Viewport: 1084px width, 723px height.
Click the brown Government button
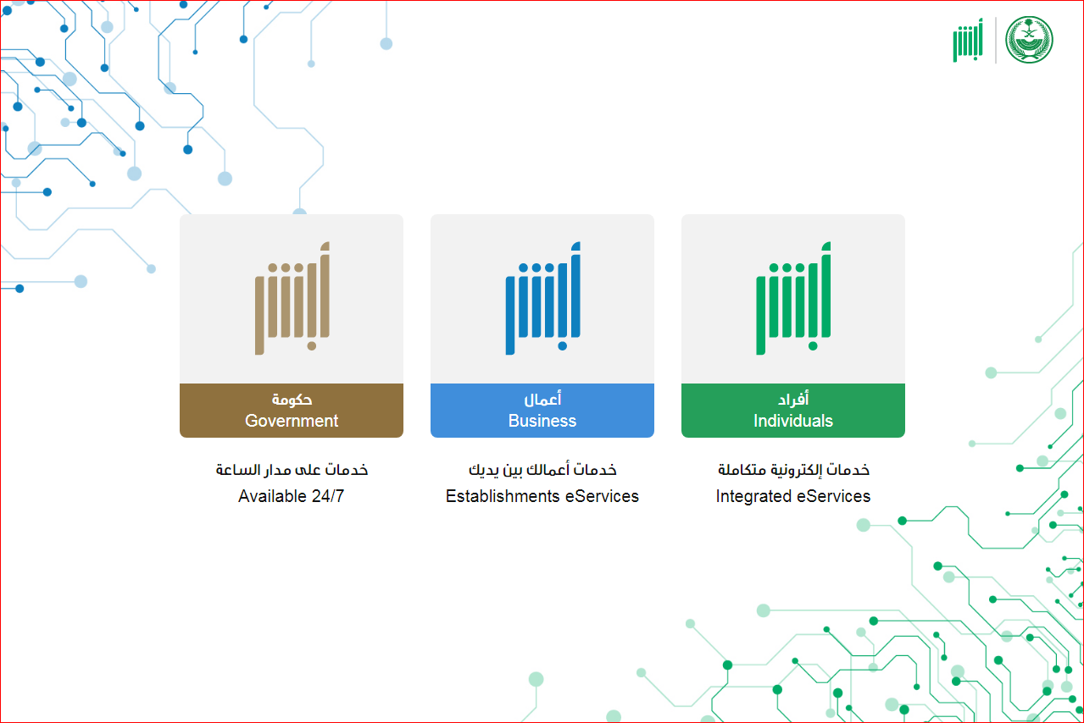tap(292, 411)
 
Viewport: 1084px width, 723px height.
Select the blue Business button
tap(542, 411)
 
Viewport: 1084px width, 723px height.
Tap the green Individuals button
tap(793, 411)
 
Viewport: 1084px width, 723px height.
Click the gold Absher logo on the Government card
tap(292, 298)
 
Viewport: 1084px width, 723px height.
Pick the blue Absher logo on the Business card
tap(543, 298)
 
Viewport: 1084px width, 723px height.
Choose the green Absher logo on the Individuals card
tap(793, 298)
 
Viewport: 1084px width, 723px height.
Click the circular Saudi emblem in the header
tap(1029, 40)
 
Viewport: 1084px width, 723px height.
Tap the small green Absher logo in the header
tap(968, 40)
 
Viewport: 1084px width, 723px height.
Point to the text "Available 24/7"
tap(292, 496)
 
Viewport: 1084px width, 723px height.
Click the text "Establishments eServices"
tap(542, 496)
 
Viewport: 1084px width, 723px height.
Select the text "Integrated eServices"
tap(793, 496)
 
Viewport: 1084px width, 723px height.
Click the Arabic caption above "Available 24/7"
tap(292, 469)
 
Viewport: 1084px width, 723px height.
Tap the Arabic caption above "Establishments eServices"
tap(542, 469)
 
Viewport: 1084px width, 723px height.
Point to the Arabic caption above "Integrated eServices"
tap(793, 469)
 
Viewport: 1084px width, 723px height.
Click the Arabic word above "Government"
tap(292, 400)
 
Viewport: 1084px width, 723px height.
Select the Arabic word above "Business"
tap(542, 400)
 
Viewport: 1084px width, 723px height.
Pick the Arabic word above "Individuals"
tap(793, 400)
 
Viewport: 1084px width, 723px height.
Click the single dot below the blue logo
tap(562, 346)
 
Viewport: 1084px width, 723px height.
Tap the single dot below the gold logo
tap(312, 346)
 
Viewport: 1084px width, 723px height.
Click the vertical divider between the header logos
tap(996, 40)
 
